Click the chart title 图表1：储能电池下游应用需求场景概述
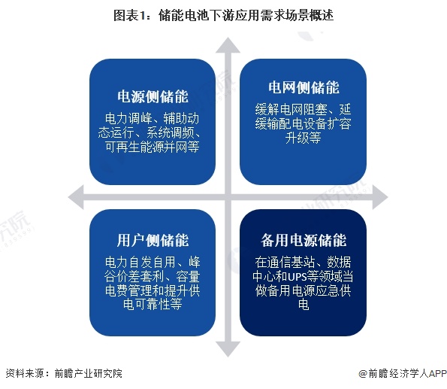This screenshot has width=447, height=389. [x=224, y=15]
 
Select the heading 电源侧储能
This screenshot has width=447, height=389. [x=153, y=96]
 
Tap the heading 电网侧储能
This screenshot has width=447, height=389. [x=304, y=87]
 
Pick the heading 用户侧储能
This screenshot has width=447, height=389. [x=153, y=240]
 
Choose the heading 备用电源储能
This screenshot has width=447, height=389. [x=304, y=240]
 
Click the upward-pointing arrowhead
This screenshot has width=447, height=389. [x=228, y=46]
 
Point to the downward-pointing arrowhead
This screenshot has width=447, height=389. [x=228, y=349]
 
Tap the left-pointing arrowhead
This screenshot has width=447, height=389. [x=76, y=197]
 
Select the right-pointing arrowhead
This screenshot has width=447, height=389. [x=380, y=197]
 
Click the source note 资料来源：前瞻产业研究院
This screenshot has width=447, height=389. [x=64, y=373]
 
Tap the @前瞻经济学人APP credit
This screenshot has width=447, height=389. [x=402, y=373]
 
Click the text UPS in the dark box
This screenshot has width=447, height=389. [x=297, y=276]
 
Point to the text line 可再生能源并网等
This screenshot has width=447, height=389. [x=153, y=147]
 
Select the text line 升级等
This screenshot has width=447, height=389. [x=303, y=138]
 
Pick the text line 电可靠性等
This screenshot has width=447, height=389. [x=153, y=304]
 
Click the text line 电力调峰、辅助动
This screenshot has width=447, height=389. [x=153, y=118]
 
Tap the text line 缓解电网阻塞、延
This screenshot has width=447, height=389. [x=303, y=109]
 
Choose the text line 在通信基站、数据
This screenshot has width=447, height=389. [x=303, y=262]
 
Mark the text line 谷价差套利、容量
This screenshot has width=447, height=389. [x=153, y=276]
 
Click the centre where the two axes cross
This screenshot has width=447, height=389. [x=228, y=197]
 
